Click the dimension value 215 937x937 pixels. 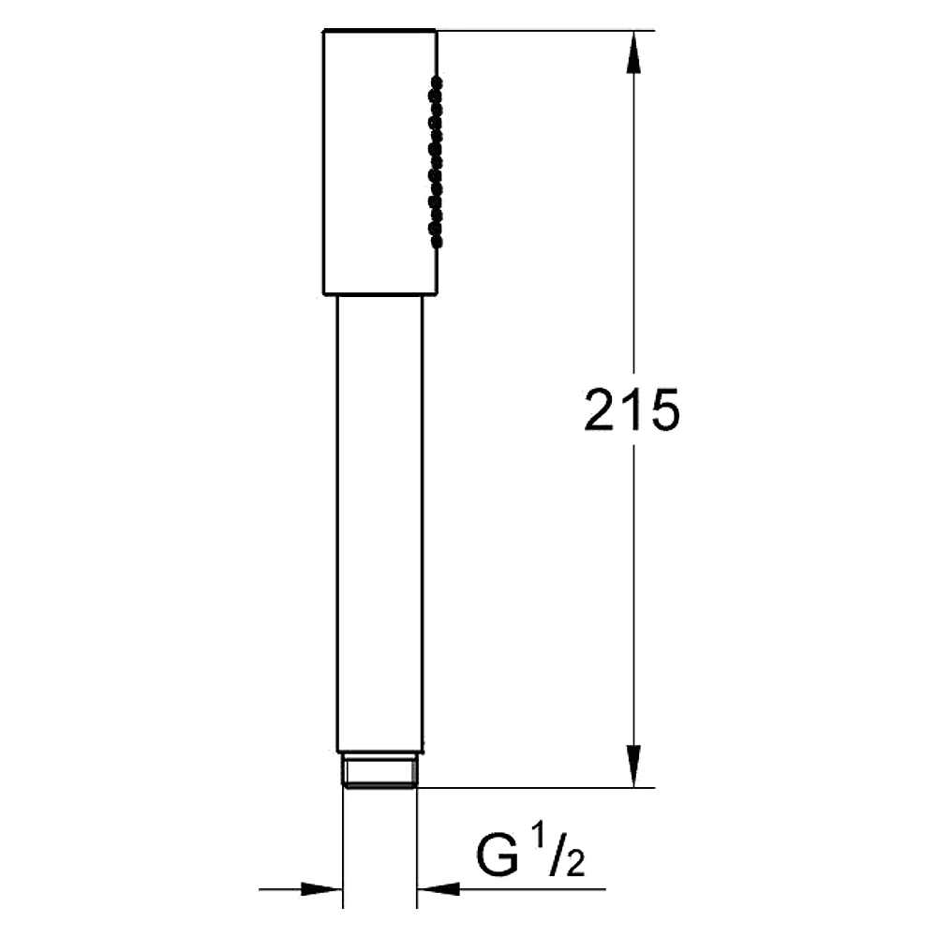point(632,409)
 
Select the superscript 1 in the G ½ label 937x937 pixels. point(539,837)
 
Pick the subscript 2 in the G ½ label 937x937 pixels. point(574,864)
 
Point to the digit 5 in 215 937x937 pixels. point(665,410)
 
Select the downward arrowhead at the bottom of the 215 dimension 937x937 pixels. point(633,766)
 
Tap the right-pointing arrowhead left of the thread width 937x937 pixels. point(321,889)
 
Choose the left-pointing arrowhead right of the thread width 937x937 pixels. point(438,889)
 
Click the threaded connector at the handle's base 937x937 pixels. point(379,771)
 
